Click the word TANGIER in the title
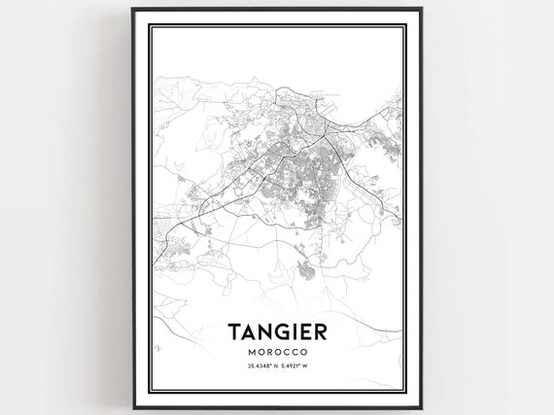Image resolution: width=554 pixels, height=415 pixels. pyautogui.click(x=276, y=331)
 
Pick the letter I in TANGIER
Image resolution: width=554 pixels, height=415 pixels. pyautogui.click(x=294, y=331)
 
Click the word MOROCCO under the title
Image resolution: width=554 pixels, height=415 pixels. pyautogui.click(x=277, y=351)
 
